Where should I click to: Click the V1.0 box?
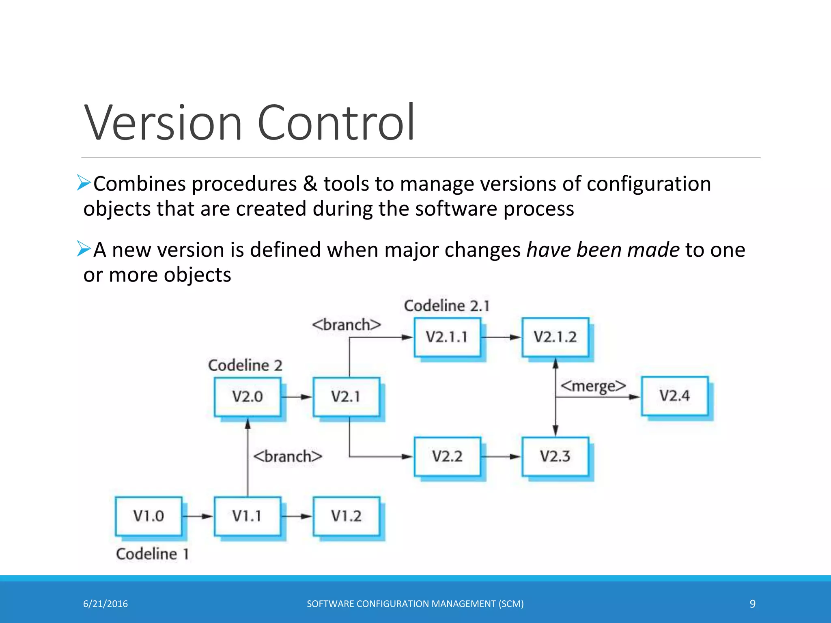click(x=149, y=516)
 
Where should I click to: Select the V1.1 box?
click(x=247, y=516)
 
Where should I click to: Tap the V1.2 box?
click(x=346, y=516)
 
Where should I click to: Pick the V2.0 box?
click(x=248, y=396)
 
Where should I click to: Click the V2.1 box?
click(x=346, y=396)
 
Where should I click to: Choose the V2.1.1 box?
click(x=447, y=337)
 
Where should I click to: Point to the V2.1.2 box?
click(x=555, y=337)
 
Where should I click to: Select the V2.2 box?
click(x=447, y=456)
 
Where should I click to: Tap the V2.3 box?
click(x=555, y=456)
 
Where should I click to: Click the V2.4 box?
click(x=674, y=395)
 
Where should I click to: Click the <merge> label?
click(x=593, y=386)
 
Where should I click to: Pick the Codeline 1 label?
click(x=153, y=554)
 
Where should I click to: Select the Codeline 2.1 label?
click(x=447, y=306)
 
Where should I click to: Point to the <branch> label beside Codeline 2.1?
click(x=347, y=325)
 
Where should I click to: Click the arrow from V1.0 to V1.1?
click(x=198, y=516)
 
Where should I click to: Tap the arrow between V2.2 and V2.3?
click(x=501, y=457)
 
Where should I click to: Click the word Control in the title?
click(x=336, y=122)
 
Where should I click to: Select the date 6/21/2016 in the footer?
click(x=105, y=604)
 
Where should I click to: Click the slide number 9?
click(x=752, y=604)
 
